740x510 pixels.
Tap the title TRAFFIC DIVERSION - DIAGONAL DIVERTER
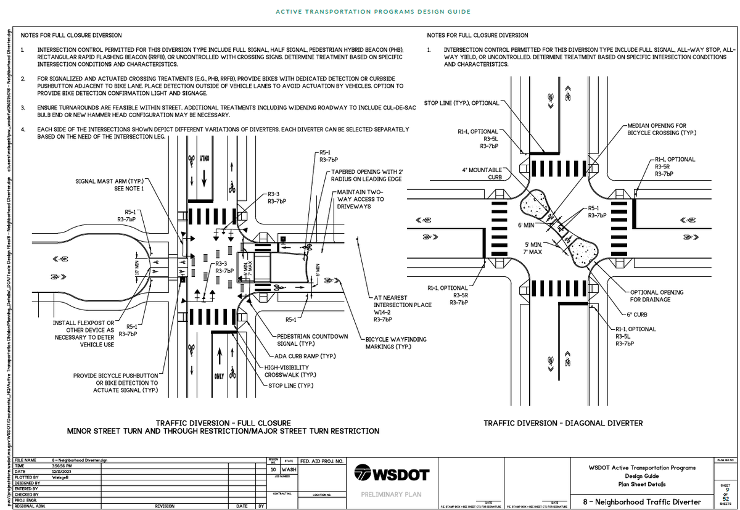point(562,423)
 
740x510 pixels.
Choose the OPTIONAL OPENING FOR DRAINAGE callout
point(656,295)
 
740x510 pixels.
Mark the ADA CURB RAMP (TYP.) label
point(301,356)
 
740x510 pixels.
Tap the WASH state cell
point(289,469)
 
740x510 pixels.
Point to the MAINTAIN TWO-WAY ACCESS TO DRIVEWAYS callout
point(360,199)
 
